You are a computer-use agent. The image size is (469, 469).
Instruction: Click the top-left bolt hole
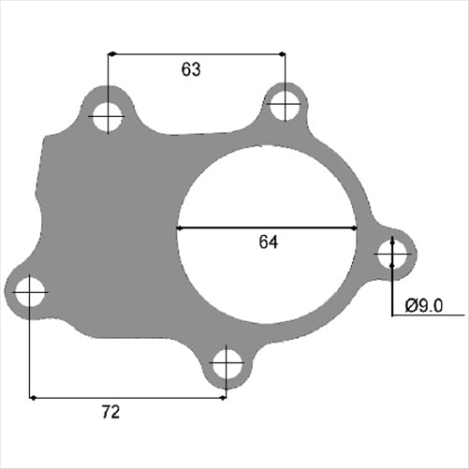pyautogui.click(x=108, y=118)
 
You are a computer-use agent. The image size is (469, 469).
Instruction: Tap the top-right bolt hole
pyautogui.click(x=285, y=105)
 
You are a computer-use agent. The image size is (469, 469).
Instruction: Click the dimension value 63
pyautogui.click(x=191, y=69)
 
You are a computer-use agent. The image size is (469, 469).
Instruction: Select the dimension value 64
pyautogui.click(x=269, y=242)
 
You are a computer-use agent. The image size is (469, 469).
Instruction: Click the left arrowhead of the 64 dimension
pyautogui.click(x=182, y=227)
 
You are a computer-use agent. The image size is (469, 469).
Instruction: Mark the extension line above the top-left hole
pyautogui.click(x=108, y=75)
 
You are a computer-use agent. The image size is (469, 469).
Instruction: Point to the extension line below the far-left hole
pyautogui.click(x=30, y=356)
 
